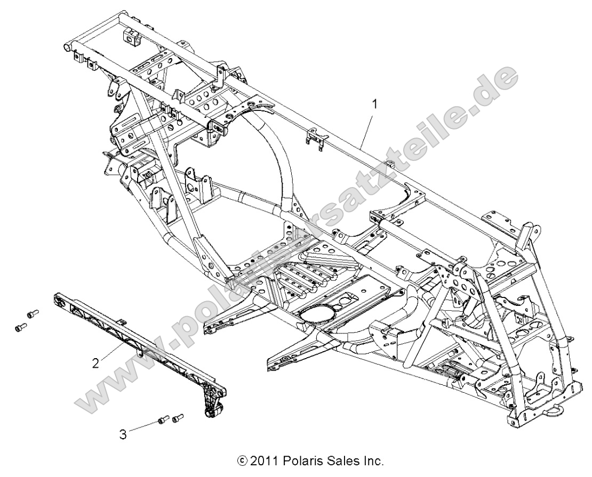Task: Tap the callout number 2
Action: click(x=95, y=363)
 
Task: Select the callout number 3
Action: click(x=123, y=434)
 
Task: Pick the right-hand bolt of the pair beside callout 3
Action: click(x=178, y=416)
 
